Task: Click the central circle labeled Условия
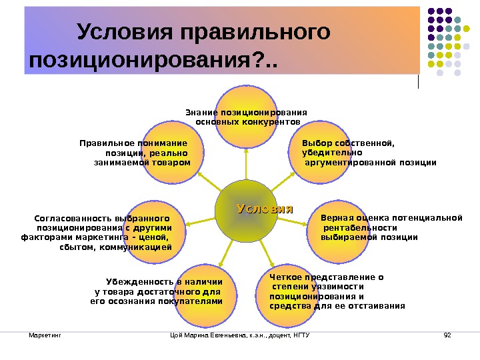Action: click(x=246, y=211)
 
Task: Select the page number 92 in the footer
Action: click(x=447, y=333)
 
